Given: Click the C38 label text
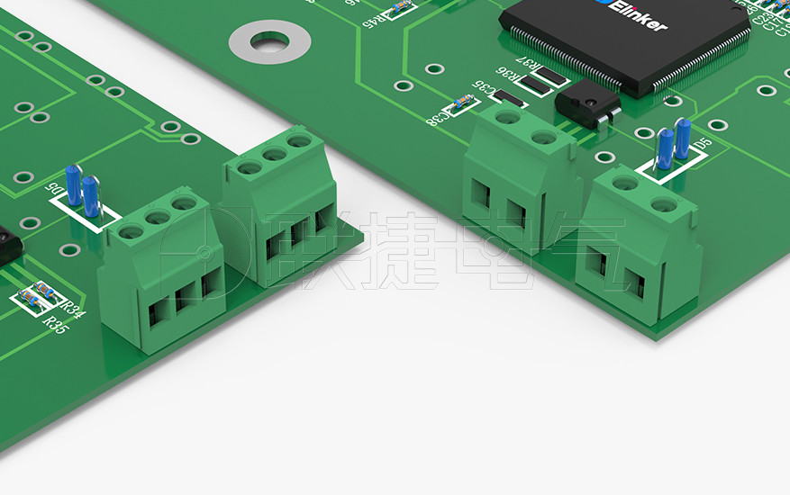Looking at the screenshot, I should coord(437,116).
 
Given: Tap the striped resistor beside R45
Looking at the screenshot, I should coord(399,9).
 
